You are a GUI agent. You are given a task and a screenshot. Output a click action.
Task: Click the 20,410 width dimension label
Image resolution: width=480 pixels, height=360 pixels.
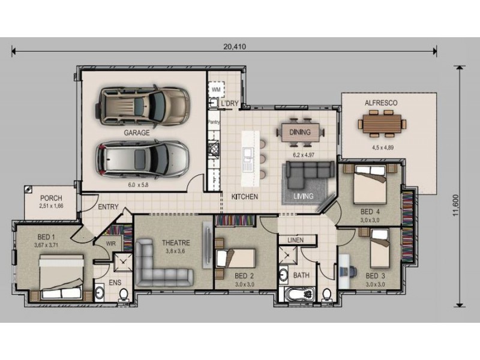click(x=235, y=47)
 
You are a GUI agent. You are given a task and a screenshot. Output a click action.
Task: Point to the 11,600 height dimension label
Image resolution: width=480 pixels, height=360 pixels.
click(x=455, y=205)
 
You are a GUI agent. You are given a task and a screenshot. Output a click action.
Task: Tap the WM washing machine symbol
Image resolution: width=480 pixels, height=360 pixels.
click(x=216, y=89)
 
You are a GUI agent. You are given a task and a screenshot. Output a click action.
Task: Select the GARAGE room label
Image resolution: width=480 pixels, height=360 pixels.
click(x=137, y=133)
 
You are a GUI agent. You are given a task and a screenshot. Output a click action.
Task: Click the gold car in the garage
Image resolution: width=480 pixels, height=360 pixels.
click(x=142, y=104)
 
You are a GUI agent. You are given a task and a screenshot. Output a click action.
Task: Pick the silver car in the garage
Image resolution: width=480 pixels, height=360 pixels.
click(x=142, y=159)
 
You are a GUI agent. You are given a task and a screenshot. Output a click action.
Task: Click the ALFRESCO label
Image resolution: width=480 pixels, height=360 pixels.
click(x=381, y=103)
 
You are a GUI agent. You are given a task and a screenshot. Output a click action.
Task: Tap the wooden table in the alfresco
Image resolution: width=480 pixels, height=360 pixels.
click(x=382, y=124)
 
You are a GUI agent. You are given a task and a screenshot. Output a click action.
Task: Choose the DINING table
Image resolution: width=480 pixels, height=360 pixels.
click(x=301, y=132)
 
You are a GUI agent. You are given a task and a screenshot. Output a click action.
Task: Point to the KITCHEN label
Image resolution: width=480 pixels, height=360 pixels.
click(x=245, y=197)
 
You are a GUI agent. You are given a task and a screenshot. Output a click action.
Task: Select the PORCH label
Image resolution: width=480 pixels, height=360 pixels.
click(x=51, y=198)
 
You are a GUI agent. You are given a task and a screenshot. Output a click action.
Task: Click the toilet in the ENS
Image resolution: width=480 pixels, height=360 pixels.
click(x=124, y=295)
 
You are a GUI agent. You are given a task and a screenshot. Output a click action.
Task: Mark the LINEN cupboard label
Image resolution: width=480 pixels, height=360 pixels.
click(x=295, y=241)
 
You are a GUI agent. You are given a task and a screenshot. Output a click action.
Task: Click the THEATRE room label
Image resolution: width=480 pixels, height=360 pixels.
click(x=176, y=243)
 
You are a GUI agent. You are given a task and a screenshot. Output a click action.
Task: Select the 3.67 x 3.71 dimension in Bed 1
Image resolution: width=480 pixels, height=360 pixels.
click(x=47, y=245)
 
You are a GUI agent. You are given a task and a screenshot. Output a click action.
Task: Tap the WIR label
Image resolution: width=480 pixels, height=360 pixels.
click(x=111, y=244)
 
